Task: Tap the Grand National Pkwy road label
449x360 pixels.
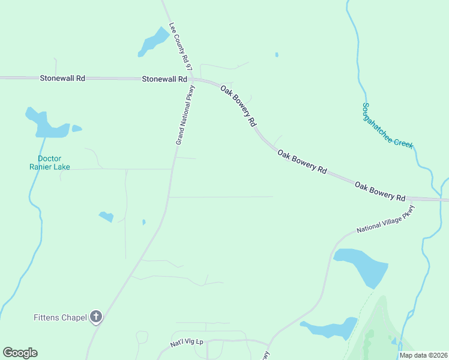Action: point(185,114)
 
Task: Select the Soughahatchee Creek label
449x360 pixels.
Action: point(388,126)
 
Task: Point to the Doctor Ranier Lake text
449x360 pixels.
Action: point(50,163)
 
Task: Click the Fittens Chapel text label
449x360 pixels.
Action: point(61,317)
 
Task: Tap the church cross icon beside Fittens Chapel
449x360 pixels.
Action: point(96,317)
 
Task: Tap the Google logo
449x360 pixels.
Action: point(20,353)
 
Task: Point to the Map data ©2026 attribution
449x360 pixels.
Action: point(423,355)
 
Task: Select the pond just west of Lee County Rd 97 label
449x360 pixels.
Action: point(154,42)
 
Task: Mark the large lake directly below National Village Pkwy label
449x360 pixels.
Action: point(362,266)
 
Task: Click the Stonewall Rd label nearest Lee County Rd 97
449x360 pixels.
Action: point(164,79)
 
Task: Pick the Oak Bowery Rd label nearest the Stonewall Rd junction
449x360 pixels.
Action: point(238,106)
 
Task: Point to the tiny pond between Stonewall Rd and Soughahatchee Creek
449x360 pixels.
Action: point(277,55)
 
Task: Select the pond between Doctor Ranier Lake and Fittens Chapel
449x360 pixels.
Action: point(106,216)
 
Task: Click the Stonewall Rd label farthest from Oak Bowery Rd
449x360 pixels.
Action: point(62,78)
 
